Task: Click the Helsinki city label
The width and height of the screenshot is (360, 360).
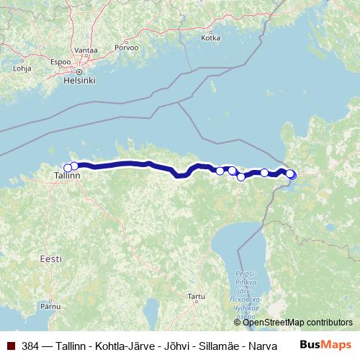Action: pyautogui.click(x=79, y=81)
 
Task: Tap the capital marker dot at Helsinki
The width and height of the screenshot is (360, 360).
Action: pyautogui.click(x=79, y=72)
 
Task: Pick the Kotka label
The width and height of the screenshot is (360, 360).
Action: pyautogui.click(x=210, y=38)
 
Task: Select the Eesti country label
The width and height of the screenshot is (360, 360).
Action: pyautogui.click(x=51, y=258)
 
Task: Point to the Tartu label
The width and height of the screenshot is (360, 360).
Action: pyautogui.click(x=195, y=296)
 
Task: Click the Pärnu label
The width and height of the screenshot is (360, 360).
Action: pyautogui.click(x=50, y=306)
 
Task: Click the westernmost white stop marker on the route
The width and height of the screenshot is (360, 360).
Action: pyautogui.click(x=68, y=168)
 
